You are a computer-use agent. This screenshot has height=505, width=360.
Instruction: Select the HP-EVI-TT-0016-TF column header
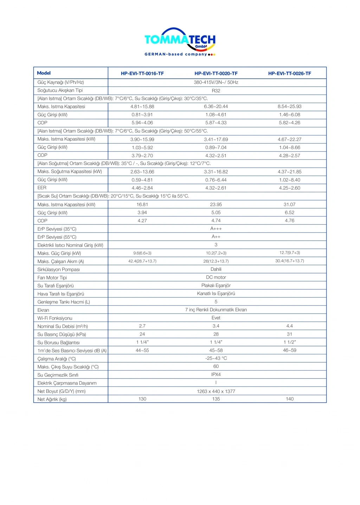(142, 73)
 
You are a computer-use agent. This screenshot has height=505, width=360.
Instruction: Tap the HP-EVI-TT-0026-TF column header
(289, 73)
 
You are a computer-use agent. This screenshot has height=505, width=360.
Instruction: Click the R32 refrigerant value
(216, 91)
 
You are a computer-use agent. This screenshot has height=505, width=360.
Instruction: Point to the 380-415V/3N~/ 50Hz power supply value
(216, 82)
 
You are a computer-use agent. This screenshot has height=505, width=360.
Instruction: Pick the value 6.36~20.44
(216, 107)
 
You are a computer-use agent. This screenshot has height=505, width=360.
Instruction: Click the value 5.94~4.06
(142, 123)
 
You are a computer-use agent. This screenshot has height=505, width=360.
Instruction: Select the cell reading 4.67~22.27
(289, 139)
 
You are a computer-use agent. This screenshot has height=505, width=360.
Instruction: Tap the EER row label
(42, 188)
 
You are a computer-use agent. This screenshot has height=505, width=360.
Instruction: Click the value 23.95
(216, 204)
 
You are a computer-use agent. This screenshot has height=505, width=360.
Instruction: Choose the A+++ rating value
(216, 229)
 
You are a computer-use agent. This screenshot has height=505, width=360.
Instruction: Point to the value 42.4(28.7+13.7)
(142, 261)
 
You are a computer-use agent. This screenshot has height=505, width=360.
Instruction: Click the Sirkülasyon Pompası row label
(58, 269)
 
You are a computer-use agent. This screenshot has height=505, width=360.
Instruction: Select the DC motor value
(216, 277)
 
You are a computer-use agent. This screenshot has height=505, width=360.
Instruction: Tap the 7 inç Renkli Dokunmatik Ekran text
(216, 310)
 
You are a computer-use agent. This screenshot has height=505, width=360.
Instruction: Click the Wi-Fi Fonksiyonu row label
(54, 318)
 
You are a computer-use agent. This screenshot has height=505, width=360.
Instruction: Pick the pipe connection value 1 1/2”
(289, 342)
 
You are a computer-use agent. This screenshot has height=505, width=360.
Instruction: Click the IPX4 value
(216, 375)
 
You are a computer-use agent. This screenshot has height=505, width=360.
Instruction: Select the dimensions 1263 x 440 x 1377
(216, 391)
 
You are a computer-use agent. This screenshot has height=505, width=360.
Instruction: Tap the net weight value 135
(216, 399)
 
